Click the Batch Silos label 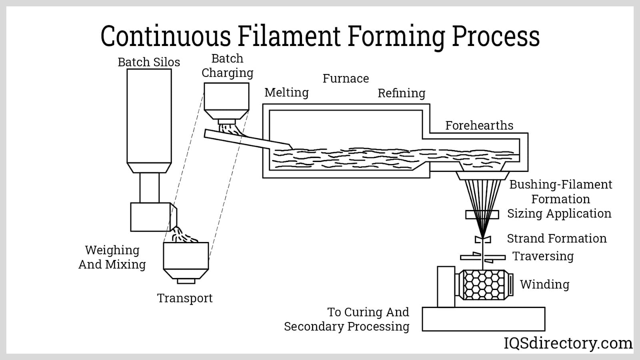point(148,62)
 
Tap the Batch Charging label point(227,66)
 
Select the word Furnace point(346,78)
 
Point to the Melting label point(286,92)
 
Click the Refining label point(401,93)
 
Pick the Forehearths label point(479,126)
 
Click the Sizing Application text point(559,214)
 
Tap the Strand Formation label point(556,238)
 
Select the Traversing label point(543,256)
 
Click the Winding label point(544,284)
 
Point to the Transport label point(184,298)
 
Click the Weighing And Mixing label point(112,257)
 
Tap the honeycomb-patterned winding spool point(483,285)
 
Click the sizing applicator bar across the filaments point(482,215)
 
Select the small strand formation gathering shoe point(483,239)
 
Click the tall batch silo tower point(149,116)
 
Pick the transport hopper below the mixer point(186,258)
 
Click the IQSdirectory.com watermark point(568,343)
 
